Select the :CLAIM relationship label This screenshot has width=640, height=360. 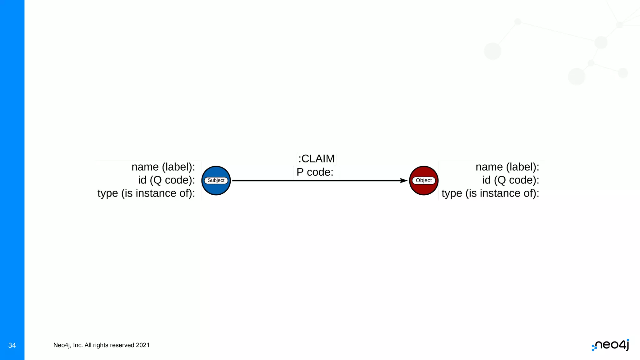(316, 159)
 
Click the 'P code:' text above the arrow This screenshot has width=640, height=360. (315, 172)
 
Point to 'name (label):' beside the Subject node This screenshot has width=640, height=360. (163, 167)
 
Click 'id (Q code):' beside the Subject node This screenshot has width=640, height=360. (167, 180)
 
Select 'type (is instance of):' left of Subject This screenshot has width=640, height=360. (146, 193)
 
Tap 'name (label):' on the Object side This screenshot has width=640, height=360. (507, 167)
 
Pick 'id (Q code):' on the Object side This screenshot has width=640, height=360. (511, 180)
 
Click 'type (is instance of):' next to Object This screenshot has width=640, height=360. (490, 193)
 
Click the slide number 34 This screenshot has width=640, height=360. (12, 345)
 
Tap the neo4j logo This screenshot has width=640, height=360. (611, 345)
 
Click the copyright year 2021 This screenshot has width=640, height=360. (143, 345)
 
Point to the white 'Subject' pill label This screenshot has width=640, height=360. (216, 180)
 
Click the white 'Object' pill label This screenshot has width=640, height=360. (424, 180)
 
